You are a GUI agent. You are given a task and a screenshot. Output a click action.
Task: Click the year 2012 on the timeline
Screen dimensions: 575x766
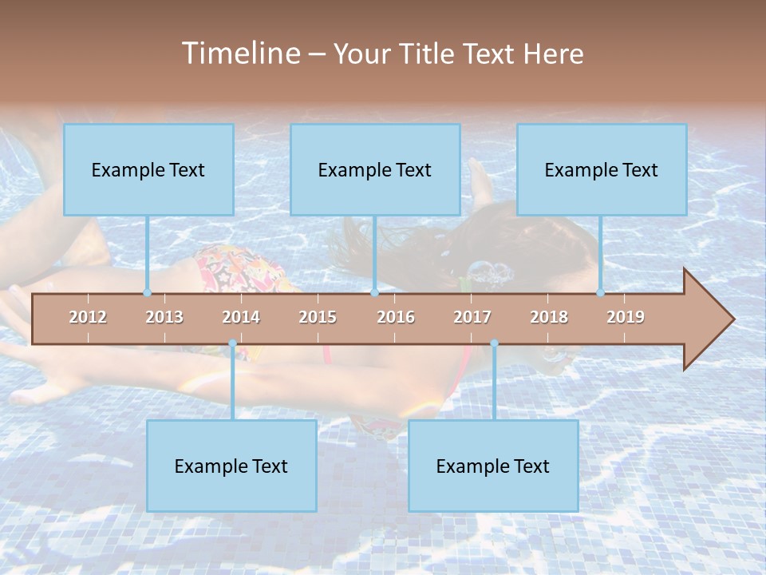88,317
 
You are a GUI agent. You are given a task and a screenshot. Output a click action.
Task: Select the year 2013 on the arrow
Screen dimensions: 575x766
164,317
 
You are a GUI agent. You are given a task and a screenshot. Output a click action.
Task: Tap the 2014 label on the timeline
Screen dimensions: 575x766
241,317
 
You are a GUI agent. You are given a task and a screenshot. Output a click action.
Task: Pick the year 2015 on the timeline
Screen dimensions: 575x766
318,317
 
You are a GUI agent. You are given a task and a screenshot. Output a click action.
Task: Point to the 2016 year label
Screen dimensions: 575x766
396,317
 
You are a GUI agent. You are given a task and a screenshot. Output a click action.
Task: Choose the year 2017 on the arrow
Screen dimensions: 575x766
472,317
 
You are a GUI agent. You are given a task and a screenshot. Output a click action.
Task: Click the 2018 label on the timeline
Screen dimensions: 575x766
549,317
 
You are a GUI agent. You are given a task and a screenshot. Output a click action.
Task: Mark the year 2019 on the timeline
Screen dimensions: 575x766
626,317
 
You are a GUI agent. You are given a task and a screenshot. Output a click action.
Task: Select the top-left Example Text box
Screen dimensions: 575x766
148,170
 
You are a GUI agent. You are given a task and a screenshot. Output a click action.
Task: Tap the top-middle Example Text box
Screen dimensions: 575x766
375,170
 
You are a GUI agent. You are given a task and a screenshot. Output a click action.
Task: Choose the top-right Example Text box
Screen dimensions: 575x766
602,170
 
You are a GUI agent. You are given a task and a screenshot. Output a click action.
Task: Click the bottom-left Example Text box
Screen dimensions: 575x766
231,466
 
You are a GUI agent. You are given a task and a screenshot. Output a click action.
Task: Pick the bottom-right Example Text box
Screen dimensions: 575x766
493,466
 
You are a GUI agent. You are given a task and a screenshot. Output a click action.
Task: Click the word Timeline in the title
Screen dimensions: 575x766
239,54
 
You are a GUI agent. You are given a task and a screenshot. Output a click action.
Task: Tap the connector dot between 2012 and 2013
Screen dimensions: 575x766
147,293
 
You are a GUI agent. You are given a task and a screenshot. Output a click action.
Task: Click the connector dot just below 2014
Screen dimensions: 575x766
232,343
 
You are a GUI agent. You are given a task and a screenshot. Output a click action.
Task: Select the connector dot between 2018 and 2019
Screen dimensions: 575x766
600,293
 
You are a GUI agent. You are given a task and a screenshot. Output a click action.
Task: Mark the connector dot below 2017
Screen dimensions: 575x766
494,343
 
